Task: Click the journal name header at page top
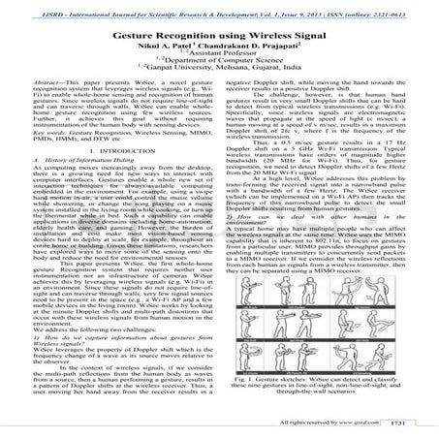(x=219, y=8)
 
